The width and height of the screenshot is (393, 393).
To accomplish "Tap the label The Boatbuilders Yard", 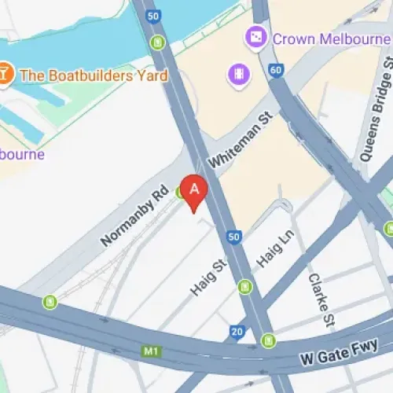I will pos(93,75).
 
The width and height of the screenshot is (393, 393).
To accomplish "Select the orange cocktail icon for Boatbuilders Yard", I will pos(6,75).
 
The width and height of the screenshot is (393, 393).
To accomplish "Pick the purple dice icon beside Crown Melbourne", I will pos(256,36).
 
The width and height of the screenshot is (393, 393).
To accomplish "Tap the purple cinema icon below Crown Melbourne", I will pos(237,75).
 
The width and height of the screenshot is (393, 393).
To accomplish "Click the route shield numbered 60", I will pos(275,69).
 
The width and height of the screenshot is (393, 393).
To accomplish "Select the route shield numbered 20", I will pos(237,332).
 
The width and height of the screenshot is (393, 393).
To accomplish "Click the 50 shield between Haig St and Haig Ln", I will pos(233,236).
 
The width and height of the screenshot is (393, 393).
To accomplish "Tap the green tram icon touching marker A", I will pos(183,191).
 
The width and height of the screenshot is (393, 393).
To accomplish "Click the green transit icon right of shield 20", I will pos(269,340).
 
